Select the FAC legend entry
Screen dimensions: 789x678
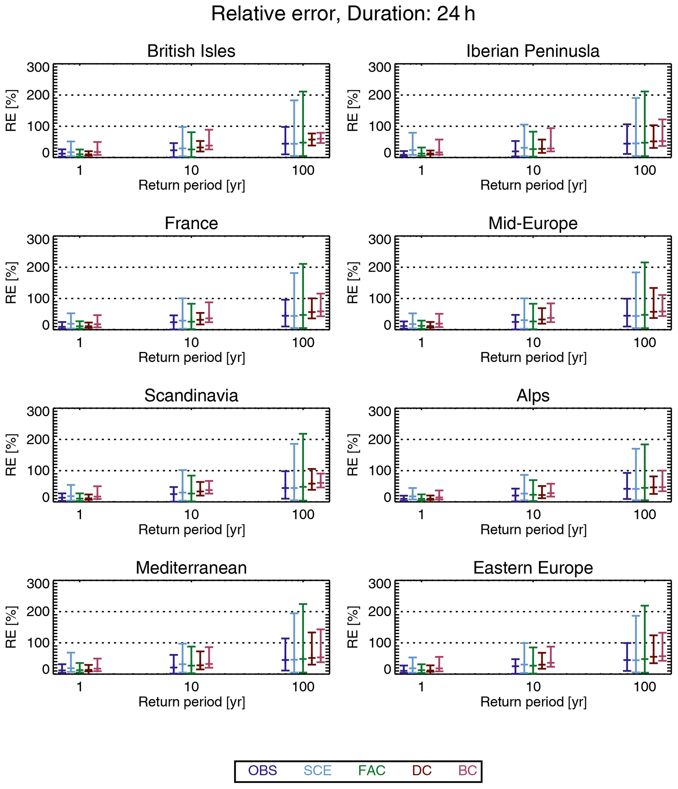tap(372, 770)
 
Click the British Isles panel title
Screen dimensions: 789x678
tap(191, 51)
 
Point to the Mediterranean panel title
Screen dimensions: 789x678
tap(191, 568)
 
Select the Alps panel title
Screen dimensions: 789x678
tap(533, 396)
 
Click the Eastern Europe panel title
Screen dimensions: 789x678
tap(533, 568)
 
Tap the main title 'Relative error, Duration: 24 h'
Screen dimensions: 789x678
tap(343, 14)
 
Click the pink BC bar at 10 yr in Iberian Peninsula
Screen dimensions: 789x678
tap(551, 140)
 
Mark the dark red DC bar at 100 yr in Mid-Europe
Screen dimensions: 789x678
tap(654, 303)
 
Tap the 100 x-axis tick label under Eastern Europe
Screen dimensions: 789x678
tap(645, 687)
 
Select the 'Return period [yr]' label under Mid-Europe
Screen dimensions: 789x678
tap(533, 357)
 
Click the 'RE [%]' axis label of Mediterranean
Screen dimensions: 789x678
tap(11, 627)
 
